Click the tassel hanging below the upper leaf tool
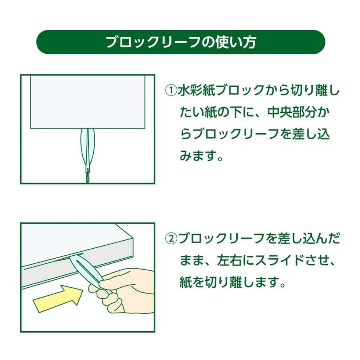coord(88,178)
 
